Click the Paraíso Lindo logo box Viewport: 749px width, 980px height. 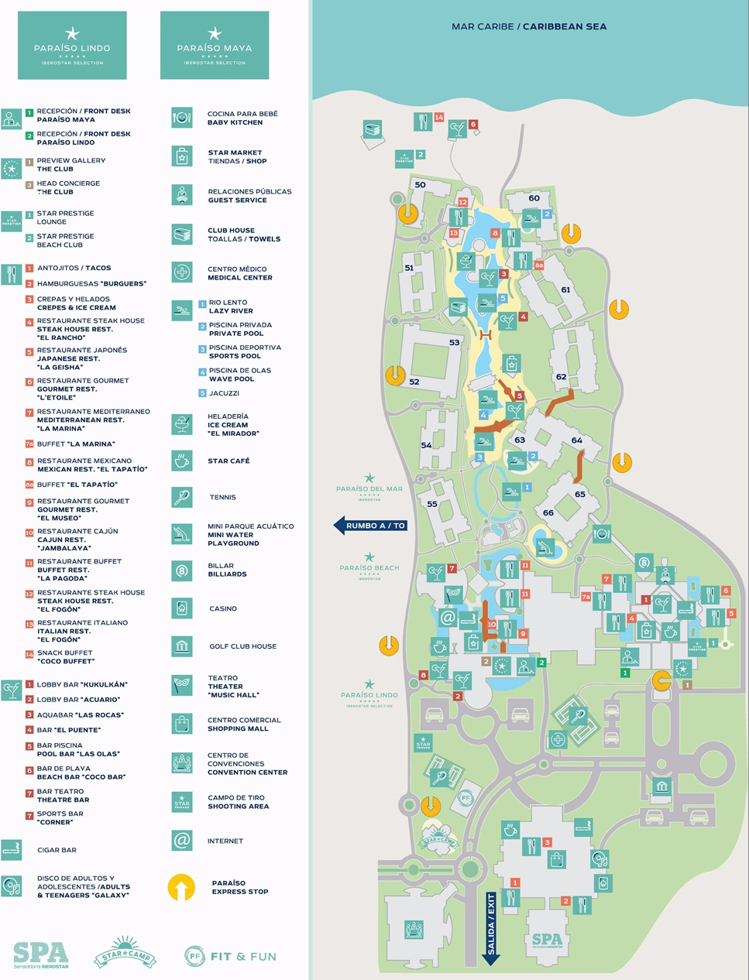pos(72,45)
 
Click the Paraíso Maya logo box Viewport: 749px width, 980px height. pos(215,45)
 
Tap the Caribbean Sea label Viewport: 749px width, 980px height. pos(529,26)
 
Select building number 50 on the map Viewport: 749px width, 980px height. pos(420,185)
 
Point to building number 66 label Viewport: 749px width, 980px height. pos(548,512)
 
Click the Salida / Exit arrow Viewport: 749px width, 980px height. pos(491,928)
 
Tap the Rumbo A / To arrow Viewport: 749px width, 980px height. pos(370,526)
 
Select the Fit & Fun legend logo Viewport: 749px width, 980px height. pos(230,957)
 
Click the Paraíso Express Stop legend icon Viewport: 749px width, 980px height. pos(181,887)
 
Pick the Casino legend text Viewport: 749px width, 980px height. pos(223,608)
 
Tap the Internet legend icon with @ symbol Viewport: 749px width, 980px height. pos(181,841)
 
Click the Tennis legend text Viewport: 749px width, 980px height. pos(222,497)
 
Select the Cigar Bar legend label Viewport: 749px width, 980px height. pos(57,850)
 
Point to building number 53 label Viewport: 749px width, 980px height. pos(454,342)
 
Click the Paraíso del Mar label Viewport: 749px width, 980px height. pos(369,488)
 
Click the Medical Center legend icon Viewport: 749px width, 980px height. pos(181,272)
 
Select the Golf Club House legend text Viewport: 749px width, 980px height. pos(242,646)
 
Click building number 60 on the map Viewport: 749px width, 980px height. pos(534,198)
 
